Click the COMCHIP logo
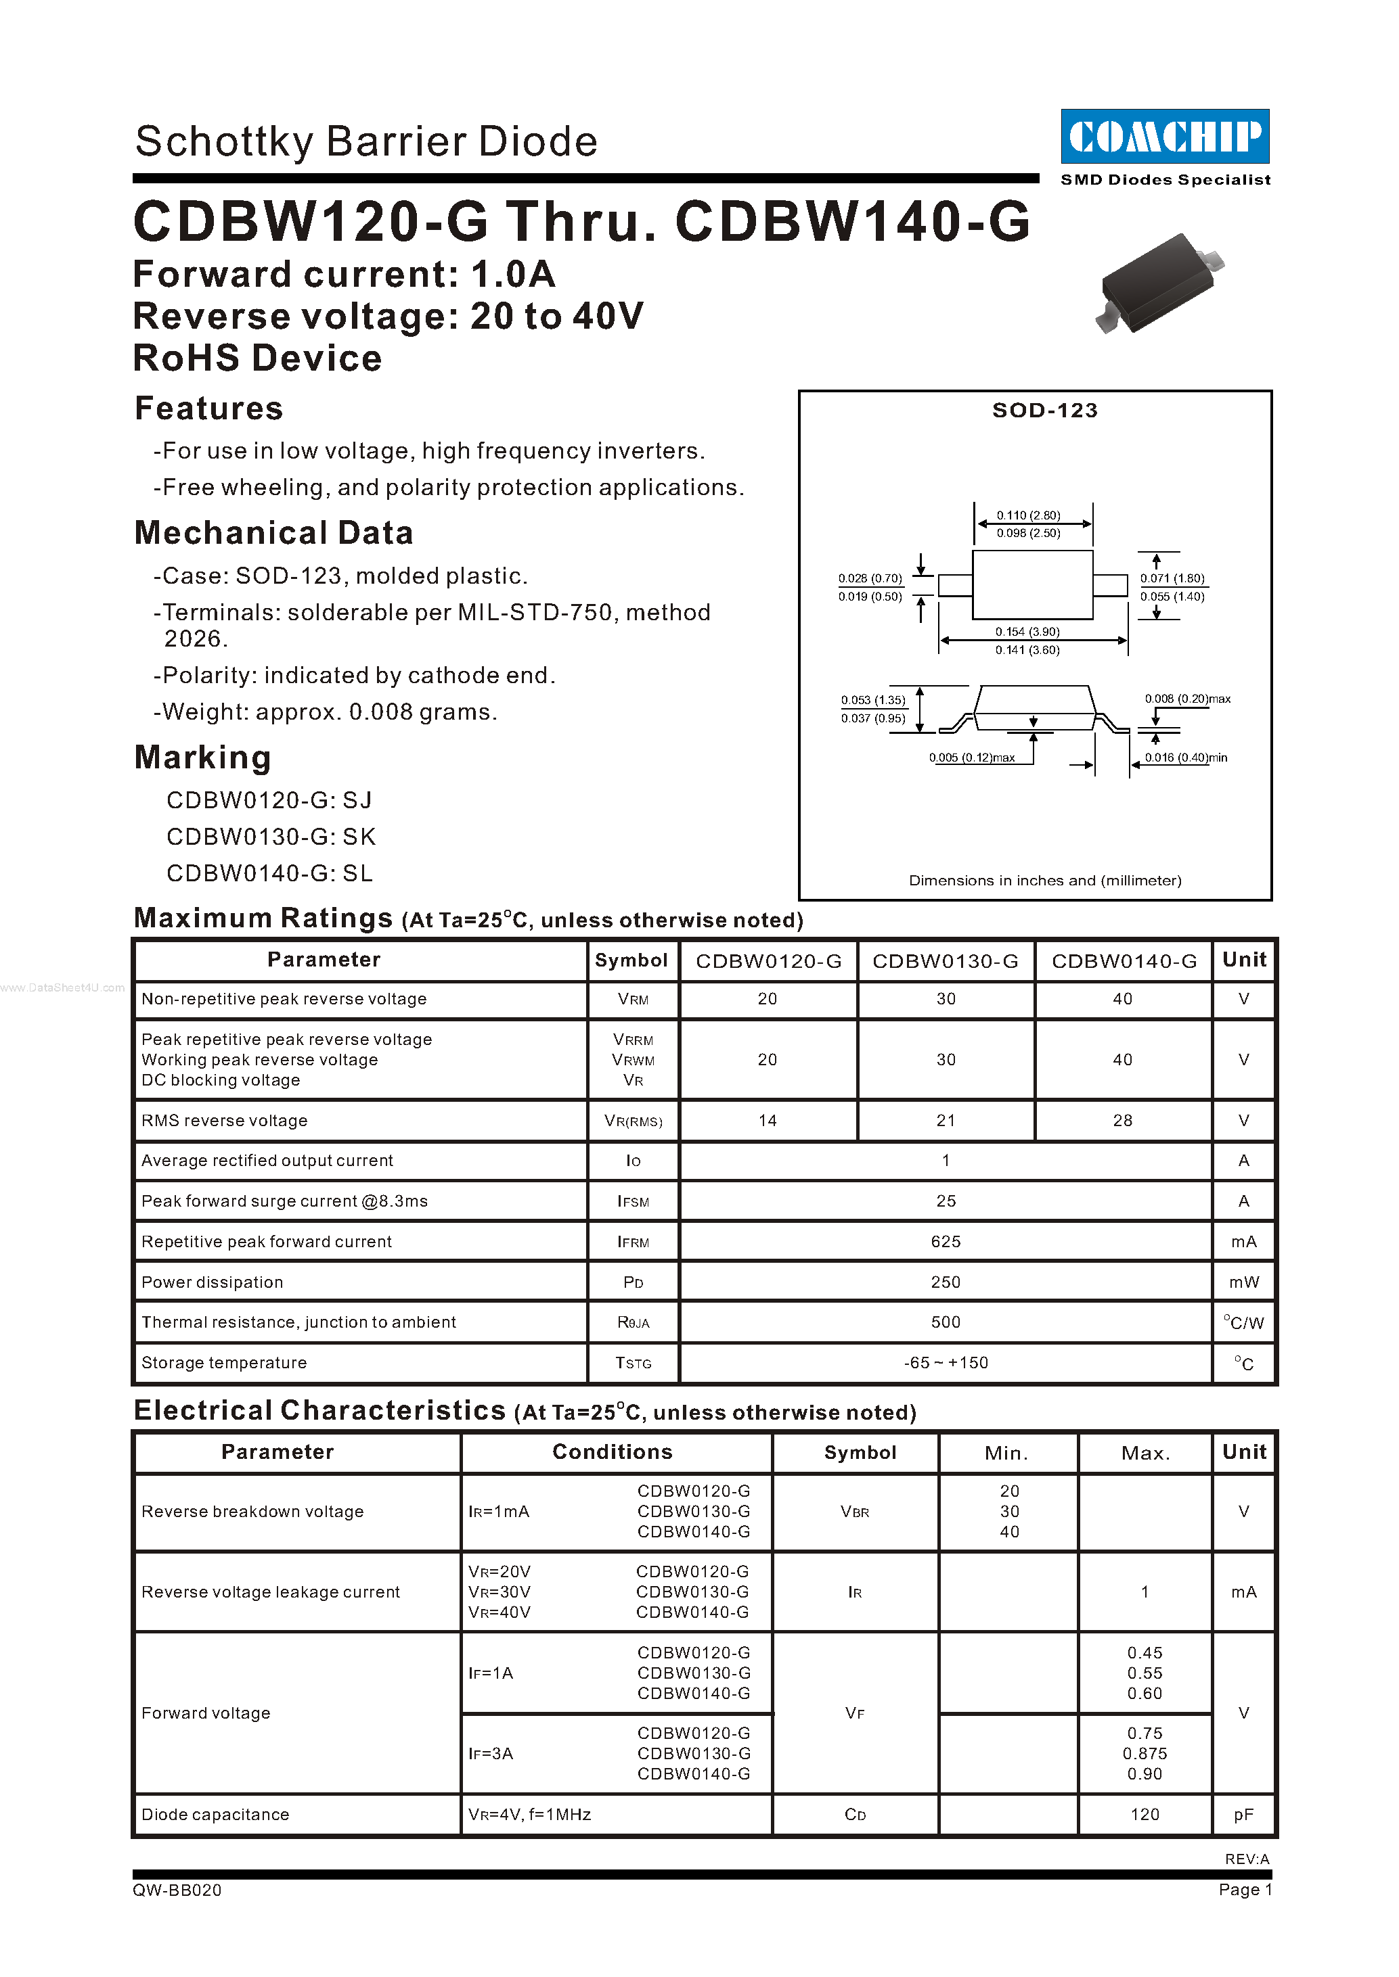pos(1165,136)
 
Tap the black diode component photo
pos(1159,283)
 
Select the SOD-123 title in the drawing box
pos(1045,410)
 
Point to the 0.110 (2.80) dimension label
pos(1029,515)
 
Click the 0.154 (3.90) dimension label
pos(1027,631)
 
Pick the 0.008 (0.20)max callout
pos(1187,698)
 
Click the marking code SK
pos(359,837)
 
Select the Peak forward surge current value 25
pos(946,1201)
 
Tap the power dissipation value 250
pos(946,1282)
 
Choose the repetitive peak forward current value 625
pos(946,1242)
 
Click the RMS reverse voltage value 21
pos(946,1120)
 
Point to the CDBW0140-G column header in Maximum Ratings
pos(1124,961)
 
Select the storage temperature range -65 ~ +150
pos(946,1363)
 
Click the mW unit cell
pos(1244,1282)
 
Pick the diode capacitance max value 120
pos(1145,1814)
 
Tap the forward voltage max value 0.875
pos(1145,1753)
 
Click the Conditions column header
pos(613,1451)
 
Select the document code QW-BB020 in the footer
pos(177,1890)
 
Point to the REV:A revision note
pos(1247,1859)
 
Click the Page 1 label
pos(1245,1889)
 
